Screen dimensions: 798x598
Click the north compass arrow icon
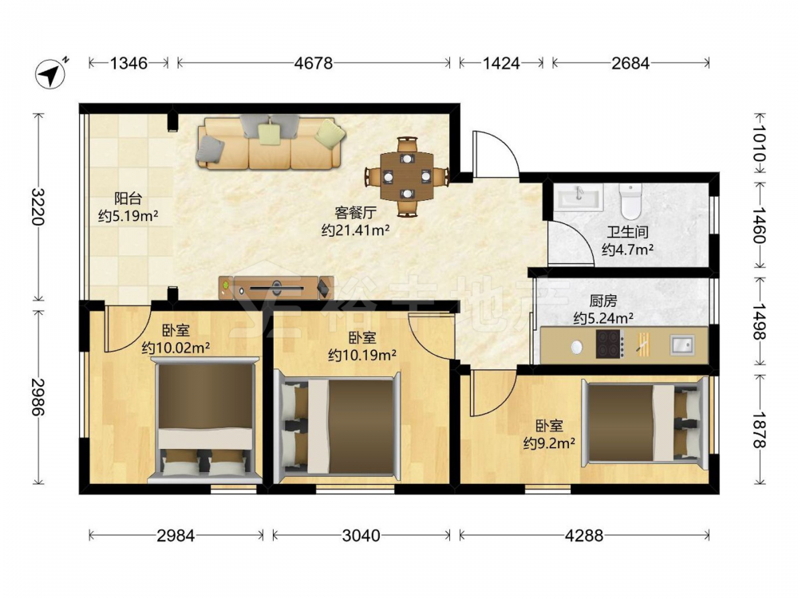51,73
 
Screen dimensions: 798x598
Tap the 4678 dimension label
314,63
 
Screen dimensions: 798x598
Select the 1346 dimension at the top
128,63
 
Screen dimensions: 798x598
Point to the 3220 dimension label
38,207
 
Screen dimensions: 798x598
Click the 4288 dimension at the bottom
584,536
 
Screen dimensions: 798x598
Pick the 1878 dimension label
760,430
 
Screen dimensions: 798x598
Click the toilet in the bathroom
630,202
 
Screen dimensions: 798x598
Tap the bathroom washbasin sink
579,197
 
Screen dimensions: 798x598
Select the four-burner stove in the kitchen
610,344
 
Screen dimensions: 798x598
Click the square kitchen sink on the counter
681,344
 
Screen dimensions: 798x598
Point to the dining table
407,176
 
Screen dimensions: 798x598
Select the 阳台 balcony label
128,199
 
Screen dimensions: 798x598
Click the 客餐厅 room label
355,213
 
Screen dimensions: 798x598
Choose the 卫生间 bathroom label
627,232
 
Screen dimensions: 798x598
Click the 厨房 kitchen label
603,301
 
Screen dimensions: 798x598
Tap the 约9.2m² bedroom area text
549,443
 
